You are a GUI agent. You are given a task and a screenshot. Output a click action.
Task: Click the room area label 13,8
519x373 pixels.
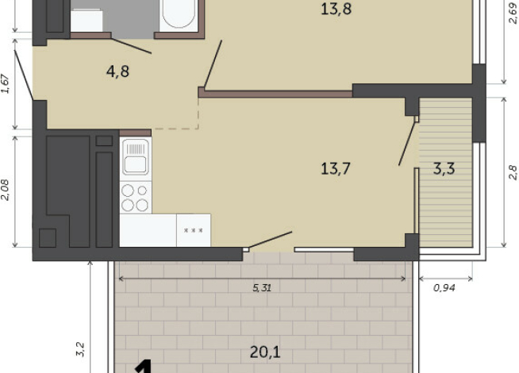(x=336, y=9)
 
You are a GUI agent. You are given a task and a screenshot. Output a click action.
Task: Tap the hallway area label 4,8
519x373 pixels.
(x=117, y=71)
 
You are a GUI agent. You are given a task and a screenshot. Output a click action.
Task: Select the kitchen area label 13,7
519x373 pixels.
(x=336, y=168)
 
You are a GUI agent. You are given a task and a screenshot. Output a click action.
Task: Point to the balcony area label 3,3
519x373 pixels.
(x=444, y=168)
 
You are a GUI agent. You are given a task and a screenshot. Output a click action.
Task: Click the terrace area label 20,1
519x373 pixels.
(x=265, y=352)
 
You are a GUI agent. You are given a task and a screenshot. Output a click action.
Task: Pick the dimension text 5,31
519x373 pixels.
(x=262, y=288)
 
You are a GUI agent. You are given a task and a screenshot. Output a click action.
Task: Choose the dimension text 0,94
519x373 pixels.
(x=444, y=288)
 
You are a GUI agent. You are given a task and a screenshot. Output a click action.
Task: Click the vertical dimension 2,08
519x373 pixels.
(x=6, y=190)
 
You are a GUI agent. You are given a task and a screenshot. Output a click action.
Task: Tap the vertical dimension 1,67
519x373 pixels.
(x=6, y=84)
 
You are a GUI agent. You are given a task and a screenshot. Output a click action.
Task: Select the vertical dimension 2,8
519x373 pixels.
(x=513, y=172)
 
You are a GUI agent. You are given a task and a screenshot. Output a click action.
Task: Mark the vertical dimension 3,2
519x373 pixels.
(x=80, y=349)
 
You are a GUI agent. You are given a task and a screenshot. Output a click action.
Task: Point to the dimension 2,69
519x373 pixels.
(x=513, y=13)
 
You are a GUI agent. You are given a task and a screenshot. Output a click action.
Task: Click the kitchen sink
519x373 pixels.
(x=136, y=157)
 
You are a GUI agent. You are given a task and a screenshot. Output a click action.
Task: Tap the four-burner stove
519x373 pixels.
(x=136, y=198)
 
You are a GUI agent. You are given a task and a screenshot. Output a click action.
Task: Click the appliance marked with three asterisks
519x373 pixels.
(x=194, y=230)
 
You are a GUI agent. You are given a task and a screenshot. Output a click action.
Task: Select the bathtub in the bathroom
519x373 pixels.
(x=179, y=15)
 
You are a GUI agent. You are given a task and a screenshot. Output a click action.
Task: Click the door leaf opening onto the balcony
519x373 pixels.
(x=407, y=144)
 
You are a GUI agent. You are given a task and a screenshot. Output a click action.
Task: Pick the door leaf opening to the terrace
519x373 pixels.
(x=271, y=240)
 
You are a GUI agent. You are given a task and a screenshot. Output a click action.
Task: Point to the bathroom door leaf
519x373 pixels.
(x=132, y=46)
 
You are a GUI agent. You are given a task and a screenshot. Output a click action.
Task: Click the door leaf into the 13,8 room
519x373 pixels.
(x=213, y=65)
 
